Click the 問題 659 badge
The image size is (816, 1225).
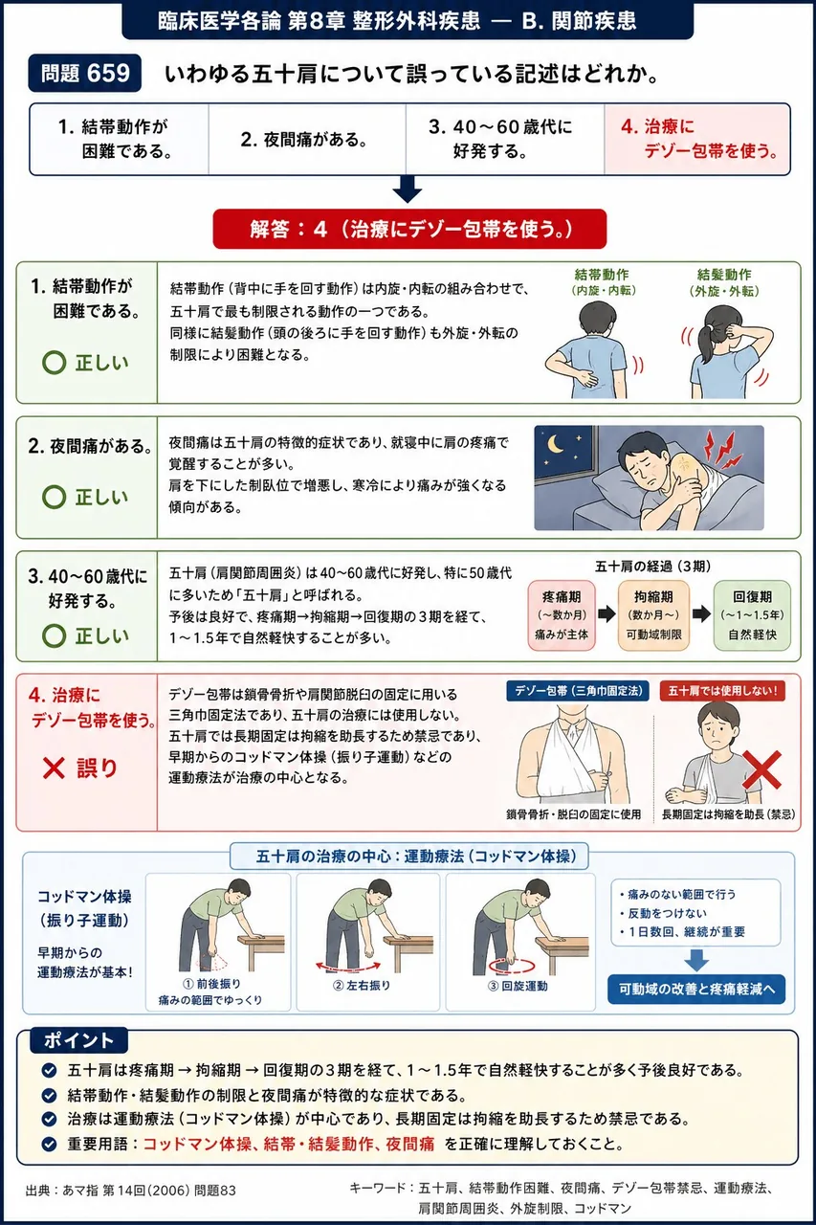tap(85, 73)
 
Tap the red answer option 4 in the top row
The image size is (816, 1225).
tap(697, 140)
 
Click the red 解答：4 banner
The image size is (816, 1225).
tap(409, 229)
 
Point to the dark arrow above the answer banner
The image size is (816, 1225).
tap(408, 189)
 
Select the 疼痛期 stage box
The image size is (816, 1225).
tap(562, 615)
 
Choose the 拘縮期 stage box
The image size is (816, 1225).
tap(653, 615)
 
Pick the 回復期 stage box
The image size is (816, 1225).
tap(752, 615)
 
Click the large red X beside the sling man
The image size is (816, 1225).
tap(761, 770)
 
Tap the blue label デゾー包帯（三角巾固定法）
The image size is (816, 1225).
tap(578, 691)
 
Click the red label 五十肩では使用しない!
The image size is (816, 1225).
tap(722, 691)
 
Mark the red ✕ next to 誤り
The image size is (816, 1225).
tap(54, 768)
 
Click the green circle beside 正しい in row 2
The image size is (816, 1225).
tap(55, 497)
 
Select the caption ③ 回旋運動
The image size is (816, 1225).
tap(518, 986)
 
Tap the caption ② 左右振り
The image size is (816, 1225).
tap(362, 986)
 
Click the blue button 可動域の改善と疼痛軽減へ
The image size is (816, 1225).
tap(696, 989)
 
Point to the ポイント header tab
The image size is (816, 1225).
tap(78, 1039)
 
